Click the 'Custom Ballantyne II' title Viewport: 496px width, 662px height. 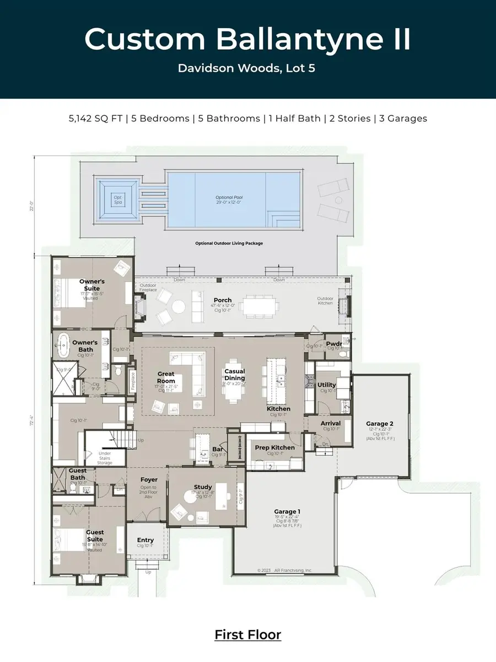pyautogui.click(x=247, y=39)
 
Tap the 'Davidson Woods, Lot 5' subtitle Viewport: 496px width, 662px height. pyautogui.click(x=247, y=68)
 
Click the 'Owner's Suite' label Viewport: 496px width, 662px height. pyautogui.click(x=92, y=285)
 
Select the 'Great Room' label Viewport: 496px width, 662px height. pyautogui.click(x=166, y=377)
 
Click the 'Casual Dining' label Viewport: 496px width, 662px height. pyautogui.click(x=234, y=375)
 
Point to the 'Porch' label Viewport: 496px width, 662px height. pyautogui.click(x=223, y=301)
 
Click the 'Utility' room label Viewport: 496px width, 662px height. pyautogui.click(x=327, y=385)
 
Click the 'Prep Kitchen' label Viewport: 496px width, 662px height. pyautogui.click(x=274, y=447)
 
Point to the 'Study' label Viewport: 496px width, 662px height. pyautogui.click(x=203, y=487)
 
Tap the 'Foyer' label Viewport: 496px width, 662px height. pyautogui.click(x=148, y=480)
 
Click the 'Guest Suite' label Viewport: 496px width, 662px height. pyautogui.click(x=95, y=536)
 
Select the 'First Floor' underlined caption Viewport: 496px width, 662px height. pyautogui.click(x=247, y=634)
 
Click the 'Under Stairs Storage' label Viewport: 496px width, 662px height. pyautogui.click(x=105, y=458)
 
